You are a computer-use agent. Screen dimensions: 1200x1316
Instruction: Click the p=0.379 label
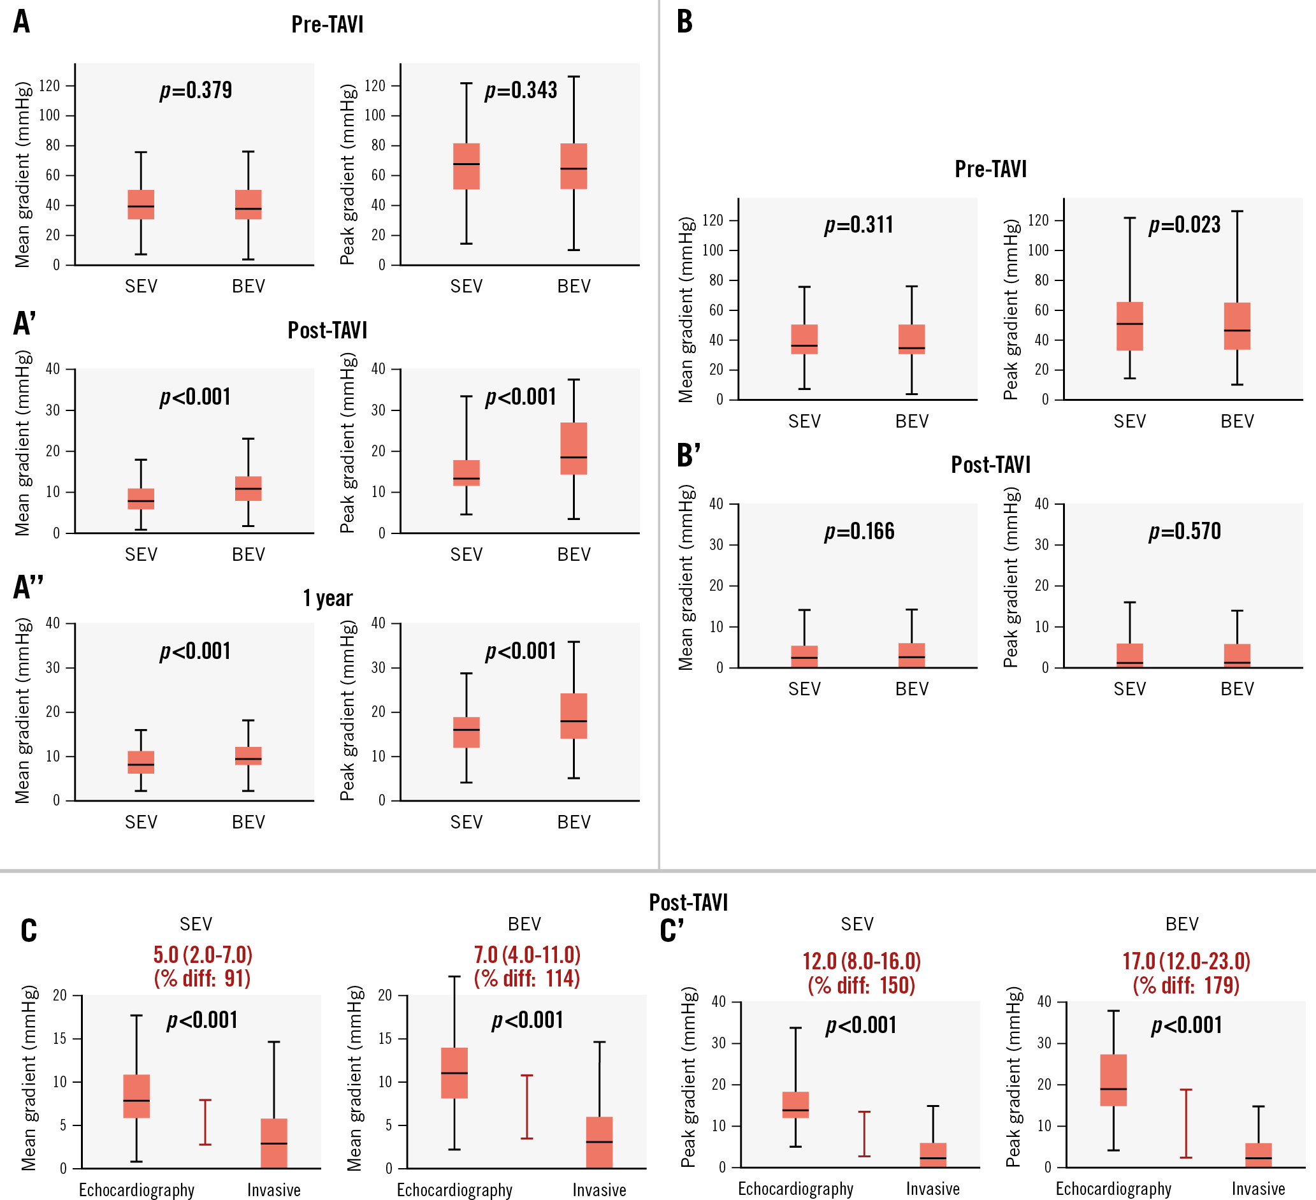pyautogui.click(x=196, y=90)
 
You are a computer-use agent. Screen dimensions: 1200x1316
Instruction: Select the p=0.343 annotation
pyautogui.click(x=521, y=90)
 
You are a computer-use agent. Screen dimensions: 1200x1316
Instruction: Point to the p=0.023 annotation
pyautogui.click(x=1184, y=224)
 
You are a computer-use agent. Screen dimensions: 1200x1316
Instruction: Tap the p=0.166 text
pyautogui.click(x=859, y=531)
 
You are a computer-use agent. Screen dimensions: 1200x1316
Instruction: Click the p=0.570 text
pyautogui.click(x=1184, y=531)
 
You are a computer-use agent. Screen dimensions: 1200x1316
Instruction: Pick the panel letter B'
pyautogui.click(x=689, y=455)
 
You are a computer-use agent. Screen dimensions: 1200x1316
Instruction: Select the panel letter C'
pyautogui.click(x=672, y=930)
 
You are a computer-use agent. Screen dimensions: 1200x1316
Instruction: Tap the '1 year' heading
pyautogui.click(x=328, y=598)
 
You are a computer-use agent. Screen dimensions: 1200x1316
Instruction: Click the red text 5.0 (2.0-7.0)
pyautogui.click(x=203, y=955)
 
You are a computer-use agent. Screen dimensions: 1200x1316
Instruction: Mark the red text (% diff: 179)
pyautogui.click(x=1185, y=985)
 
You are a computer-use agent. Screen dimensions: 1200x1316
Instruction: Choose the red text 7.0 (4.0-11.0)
pyautogui.click(x=527, y=955)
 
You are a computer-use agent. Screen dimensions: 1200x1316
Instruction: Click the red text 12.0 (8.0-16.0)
pyautogui.click(x=861, y=961)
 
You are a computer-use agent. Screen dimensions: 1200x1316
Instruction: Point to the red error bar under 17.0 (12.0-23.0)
pyautogui.click(x=1185, y=1123)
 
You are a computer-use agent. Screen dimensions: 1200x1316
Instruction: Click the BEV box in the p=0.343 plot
pyautogui.click(x=574, y=166)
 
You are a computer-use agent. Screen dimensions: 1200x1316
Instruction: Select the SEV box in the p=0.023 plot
pyautogui.click(x=1129, y=326)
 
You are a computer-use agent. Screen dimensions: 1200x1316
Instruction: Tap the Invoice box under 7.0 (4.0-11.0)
pyautogui.click(x=599, y=1142)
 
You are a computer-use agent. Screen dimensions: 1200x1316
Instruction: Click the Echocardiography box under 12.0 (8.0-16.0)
pyautogui.click(x=795, y=1104)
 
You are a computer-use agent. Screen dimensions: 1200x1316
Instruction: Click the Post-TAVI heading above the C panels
pyautogui.click(x=688, y=902)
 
